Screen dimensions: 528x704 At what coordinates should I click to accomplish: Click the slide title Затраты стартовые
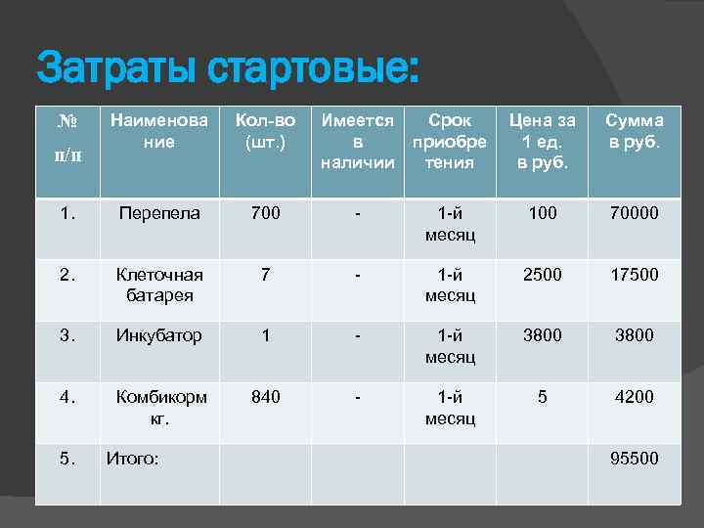(x=227, y=68)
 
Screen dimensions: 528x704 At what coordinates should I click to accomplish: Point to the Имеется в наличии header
(x=358, y=141)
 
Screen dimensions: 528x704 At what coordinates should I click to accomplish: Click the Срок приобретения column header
(x=451, y=141)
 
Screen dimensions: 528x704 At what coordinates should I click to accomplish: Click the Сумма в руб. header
(x=634, y=131)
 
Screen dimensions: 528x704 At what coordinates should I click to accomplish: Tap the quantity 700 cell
(x=265, y=212)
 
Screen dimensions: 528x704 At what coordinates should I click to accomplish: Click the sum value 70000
(x=634, y=212)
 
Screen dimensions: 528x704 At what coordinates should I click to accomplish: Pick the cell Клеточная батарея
(x=159, y=285)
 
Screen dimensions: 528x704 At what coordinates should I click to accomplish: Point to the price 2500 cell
(x=543, y=275)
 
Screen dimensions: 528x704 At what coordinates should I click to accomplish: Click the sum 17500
(x=634, y=275)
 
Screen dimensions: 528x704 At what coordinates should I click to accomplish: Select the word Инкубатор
(x=159, y=335)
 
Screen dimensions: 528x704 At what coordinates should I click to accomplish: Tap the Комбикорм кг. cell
(x=161, y=407)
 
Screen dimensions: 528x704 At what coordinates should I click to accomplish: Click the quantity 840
(x=265, y=397)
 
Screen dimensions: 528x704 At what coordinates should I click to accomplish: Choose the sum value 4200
(x=634, y=397)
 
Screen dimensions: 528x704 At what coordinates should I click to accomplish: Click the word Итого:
(x=133, y=458)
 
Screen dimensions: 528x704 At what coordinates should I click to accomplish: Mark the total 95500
(x=634, y=458)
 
